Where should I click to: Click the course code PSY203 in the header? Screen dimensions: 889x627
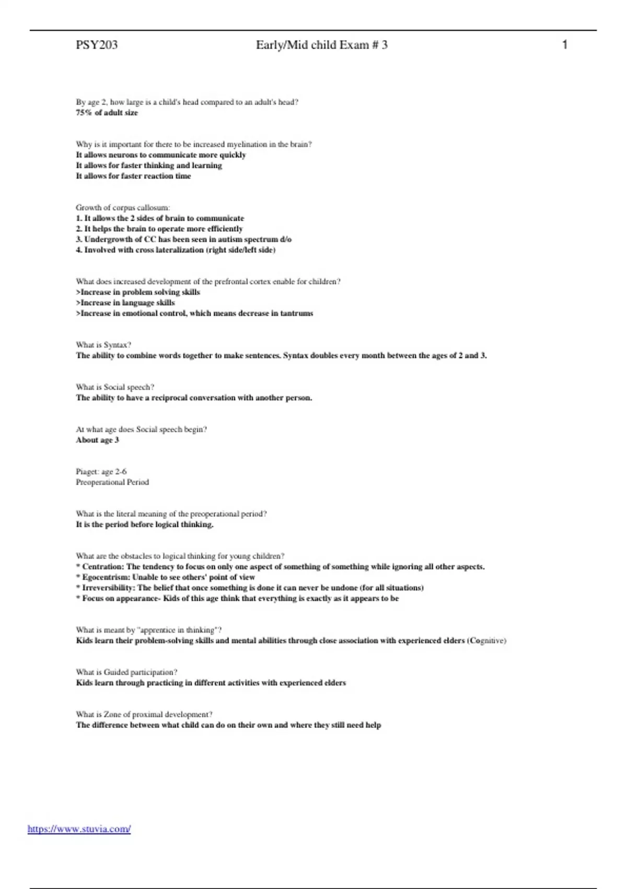click(x=97, y=45)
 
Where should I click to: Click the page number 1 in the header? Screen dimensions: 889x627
click(x=564, y=45)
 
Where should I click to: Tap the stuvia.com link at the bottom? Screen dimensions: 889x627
click(x=79, y=829)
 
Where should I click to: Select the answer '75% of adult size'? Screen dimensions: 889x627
click(x=107, y=112)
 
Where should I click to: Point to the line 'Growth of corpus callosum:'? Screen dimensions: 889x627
click(x=123, y=208)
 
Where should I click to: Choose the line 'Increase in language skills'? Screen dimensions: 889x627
click(x=125, y=303)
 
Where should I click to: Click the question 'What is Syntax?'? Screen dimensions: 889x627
click(x=103, y=345)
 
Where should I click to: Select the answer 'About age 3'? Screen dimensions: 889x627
click(x=97, y=440)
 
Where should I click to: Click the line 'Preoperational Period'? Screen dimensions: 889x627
click(x=112, y=482)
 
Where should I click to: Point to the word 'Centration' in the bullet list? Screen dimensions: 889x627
click(x=103, y=567)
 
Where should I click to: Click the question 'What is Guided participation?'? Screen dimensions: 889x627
click(x=126, y=673)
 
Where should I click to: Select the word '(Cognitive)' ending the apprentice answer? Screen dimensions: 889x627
click(x=486, y=641)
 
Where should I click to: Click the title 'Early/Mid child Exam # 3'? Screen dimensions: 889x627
click(x=321, y=45)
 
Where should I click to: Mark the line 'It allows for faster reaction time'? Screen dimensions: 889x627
click(x=133, y=176)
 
